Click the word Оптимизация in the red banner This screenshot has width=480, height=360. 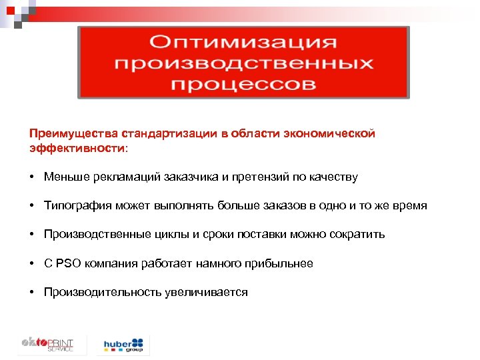[x=243, y=43]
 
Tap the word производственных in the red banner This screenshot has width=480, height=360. [x=243, y=64]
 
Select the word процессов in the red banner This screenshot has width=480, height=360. [x=243, y=85]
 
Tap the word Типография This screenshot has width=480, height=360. [x=75, y=206]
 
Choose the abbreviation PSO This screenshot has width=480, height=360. [x=69, y=263]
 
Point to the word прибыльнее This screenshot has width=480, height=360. [x=279, y=263]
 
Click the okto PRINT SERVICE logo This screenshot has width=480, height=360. [x=46, y=345]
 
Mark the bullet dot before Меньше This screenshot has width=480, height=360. [x=32, y=177]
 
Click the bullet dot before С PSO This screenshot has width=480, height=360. [x=32, y=263]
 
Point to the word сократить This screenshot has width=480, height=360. [x=360, y=235]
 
